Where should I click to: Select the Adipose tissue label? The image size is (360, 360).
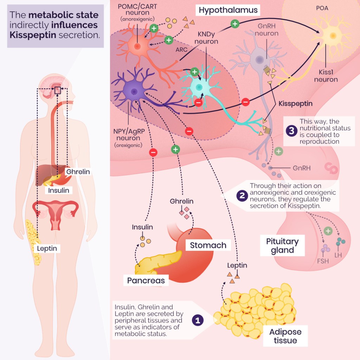285,336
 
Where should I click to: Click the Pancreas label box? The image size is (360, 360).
146,281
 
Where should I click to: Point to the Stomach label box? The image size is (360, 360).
208,245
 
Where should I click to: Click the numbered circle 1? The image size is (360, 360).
198,320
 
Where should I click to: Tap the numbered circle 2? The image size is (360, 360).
242,195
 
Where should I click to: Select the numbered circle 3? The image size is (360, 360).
291,131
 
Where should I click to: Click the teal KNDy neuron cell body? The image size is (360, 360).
199,87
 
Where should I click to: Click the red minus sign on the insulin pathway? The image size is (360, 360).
153,152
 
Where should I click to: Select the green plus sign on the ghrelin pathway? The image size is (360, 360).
175,149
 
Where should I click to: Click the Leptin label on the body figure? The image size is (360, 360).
47,248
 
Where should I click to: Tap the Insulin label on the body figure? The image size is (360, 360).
59,190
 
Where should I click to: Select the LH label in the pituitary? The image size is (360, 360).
338,255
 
